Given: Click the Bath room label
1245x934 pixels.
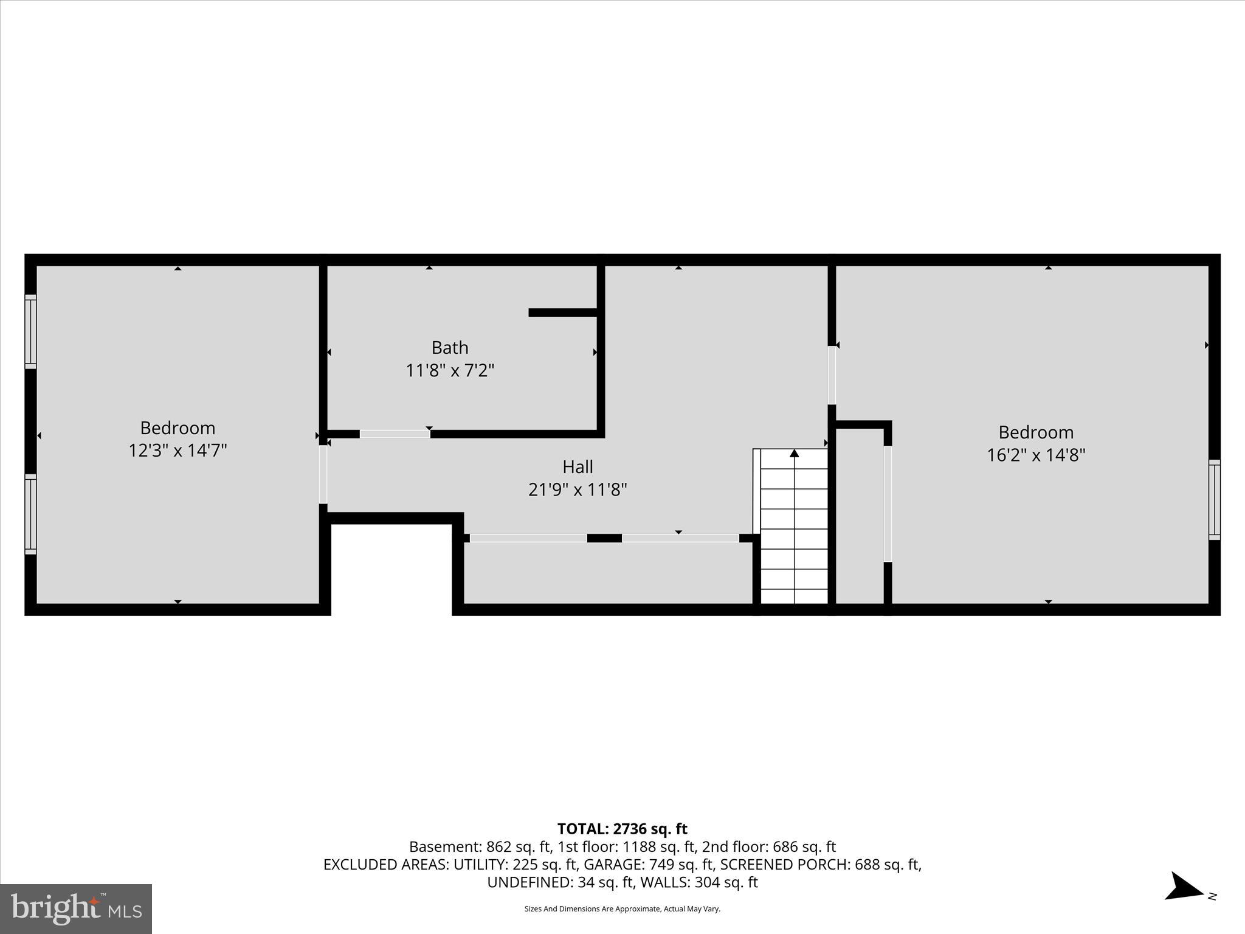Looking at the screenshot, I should click(x=450, y=348).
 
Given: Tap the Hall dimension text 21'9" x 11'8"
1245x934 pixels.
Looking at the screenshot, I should click(x=578, y=489).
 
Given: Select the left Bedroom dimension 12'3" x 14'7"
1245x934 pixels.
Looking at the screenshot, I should click(x=178, y=451).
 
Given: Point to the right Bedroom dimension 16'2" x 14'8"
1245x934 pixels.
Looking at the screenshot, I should click(x=1036, y=455).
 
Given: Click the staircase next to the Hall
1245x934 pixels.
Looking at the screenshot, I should click(x=794, y=529).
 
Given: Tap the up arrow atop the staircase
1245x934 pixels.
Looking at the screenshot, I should click(x=794, y=453).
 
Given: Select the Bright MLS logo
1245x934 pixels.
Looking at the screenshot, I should click(x=76, y=909).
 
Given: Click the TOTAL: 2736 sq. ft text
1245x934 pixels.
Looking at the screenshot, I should click(x=622, y=829).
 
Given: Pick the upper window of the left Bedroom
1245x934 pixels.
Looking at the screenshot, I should click(x=30, y=331).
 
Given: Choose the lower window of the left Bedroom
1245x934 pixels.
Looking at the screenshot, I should click(x=30, y=514).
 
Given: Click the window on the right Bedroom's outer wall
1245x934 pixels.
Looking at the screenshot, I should click(x=1214, y=500).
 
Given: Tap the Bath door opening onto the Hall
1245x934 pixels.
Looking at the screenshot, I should click(x=395, y=434).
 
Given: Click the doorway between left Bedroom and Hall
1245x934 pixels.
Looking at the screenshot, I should click(x=323, y=475).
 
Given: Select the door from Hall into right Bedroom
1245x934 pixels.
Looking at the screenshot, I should click(x=832, y=375).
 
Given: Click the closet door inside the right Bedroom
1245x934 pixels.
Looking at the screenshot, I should click(x=888, y=504).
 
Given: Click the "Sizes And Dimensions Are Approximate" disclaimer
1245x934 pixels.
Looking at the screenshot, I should click(x=622, y=909).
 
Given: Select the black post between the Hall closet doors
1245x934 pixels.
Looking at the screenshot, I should click(x=604, y=538).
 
